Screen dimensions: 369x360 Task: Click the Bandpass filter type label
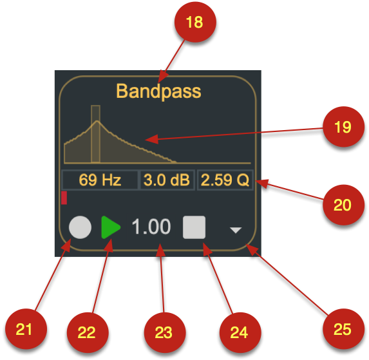click(158, 91)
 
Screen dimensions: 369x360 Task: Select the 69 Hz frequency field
click(100, 180)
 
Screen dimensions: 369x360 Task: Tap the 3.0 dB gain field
click(167, 180)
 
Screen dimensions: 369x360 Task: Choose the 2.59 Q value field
click(225, 180)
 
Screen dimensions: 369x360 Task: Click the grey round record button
click(80, 227)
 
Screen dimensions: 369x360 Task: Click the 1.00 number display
click(151, 227)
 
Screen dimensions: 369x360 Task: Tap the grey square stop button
click(194, 227)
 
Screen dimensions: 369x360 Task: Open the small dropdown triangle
click(236, 230)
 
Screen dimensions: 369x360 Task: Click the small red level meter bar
click(64, 198)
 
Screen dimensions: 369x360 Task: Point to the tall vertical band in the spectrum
click(95, 134)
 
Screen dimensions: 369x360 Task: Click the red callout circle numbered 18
click(195, 22)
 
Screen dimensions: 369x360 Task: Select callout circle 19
click(343, 127)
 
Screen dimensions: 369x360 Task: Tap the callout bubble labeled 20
click(343, 205)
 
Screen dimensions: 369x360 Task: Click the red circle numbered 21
click(26, 329)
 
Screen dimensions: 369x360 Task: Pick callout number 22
click(88, 332)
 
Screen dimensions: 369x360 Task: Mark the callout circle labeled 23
click(165, 332)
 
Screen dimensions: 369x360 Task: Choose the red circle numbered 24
click(240, 332)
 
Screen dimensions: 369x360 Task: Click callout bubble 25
click(343, 329)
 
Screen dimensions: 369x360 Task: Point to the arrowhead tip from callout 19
click(145, 140)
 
